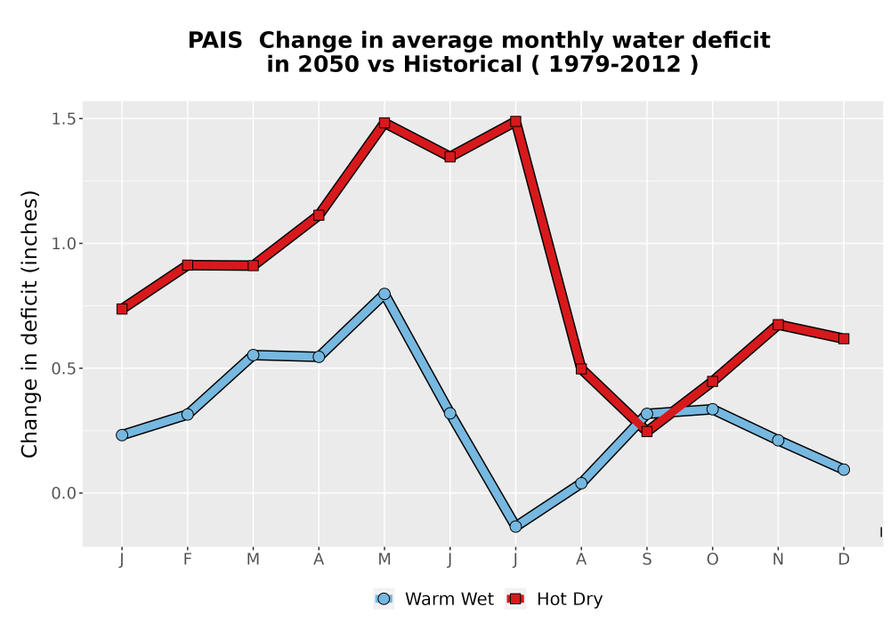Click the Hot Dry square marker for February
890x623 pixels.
pos(187,265)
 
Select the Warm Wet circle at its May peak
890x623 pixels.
pos(384,294)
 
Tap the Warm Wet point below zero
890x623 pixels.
pos(515,527)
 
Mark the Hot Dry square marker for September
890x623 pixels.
pos(646,432)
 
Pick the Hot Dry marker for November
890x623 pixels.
pos(778,325)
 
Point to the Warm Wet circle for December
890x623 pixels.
pos(844,469)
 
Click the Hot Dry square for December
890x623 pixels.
pos(844,339)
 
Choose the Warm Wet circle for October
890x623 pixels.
pos(712,409)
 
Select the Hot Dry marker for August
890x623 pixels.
pos(581,368)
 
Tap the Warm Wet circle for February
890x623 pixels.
pos(187,415)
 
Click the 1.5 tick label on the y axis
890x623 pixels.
pos(63,118)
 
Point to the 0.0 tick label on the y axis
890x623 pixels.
pos(63,493)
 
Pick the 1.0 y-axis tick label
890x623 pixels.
pos(63,243)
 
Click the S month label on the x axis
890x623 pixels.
pos(646,560)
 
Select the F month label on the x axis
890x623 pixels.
pos(187,560)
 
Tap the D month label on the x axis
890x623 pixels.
pos(844,560)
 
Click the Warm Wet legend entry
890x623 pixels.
pos(433,599)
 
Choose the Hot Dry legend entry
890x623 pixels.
pos(554,599)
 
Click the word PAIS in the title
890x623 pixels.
pos(215,40)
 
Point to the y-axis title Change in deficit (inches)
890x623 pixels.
pos(29,324)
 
